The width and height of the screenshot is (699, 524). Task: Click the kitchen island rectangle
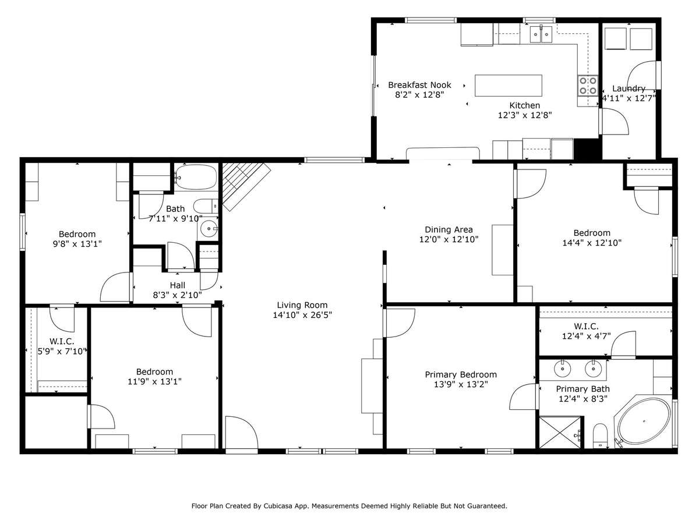[509, 85]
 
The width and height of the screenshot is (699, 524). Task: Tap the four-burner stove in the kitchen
[588, 86]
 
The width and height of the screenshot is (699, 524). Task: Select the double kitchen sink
[541, 34]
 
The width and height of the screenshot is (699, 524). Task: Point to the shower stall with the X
[560, 433]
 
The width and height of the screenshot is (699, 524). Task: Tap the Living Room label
[302, 305]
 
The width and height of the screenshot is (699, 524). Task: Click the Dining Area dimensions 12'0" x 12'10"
[449, 239]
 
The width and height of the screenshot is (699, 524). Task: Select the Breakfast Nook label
[419, 85]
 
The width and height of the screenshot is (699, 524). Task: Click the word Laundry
[629, 88]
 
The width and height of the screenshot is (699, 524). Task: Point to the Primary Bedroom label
[461, 374]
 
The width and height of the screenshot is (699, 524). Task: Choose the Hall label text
[178, 285]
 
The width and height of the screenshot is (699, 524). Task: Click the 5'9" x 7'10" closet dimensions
[62, 352]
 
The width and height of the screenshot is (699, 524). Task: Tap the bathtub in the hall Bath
[196, 176]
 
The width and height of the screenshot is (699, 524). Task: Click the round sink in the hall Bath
[207, 229]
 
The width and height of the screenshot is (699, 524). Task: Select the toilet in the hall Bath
[206, 206]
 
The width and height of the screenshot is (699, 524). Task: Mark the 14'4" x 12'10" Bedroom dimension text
[592, 243]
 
